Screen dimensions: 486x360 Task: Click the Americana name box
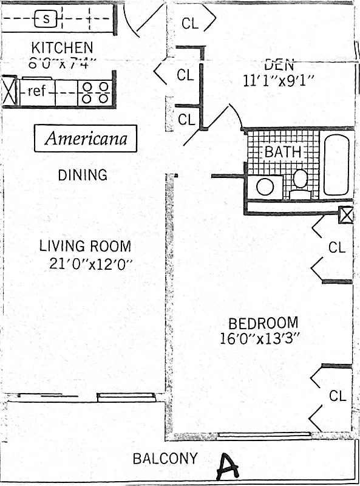click(86, 138)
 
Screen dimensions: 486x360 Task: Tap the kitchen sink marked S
click(47, 19)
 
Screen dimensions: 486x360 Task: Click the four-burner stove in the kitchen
click(95, 92)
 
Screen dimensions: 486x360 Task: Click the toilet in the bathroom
click(299, 183)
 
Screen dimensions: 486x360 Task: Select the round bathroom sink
click(265, 187)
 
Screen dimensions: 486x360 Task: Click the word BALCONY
click(165, 459)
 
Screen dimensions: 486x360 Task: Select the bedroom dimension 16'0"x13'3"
click(260, 338)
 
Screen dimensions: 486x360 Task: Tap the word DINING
click(83, 175)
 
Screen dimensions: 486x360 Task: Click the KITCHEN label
click(62, 47)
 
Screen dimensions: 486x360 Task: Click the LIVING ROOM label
click(85, 246)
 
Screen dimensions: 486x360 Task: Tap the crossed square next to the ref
click(8, 92)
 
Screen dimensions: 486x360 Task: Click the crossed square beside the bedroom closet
click(345, 216)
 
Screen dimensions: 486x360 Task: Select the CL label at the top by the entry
click(190, 24)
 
